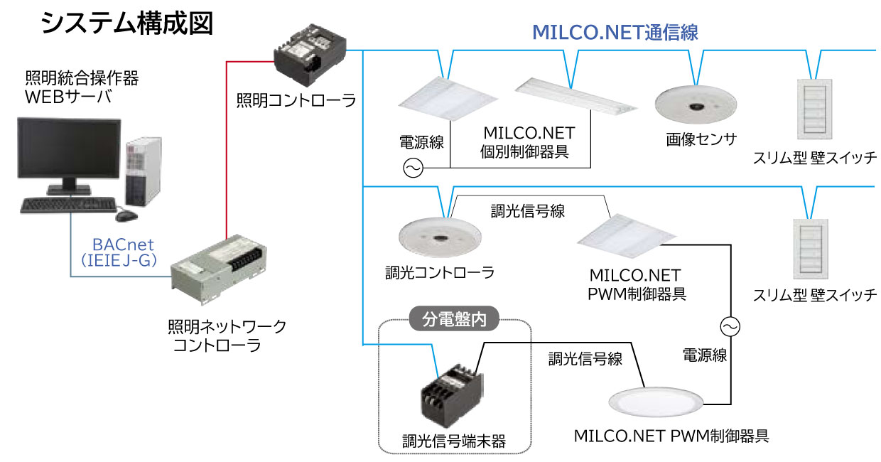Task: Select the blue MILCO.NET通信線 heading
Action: (615, 32)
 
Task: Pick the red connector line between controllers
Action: (226, 142)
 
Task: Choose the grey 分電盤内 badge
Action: (455, 321)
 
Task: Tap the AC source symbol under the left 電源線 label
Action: (413, 168)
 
